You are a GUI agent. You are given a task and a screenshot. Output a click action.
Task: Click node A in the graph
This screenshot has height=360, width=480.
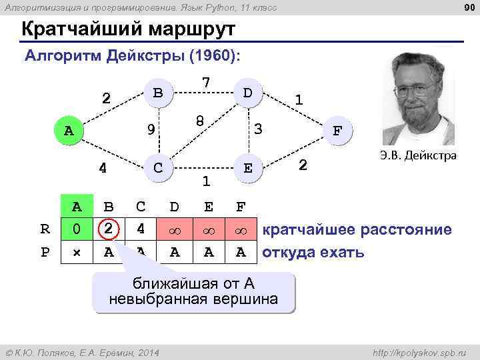click(69, 130)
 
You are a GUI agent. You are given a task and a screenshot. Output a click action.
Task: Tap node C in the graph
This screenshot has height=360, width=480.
click(158, 167)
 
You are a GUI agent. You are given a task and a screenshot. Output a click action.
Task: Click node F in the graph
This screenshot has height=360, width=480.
click(338, 130)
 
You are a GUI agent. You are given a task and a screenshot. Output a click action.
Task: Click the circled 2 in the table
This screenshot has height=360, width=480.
click(107, 229)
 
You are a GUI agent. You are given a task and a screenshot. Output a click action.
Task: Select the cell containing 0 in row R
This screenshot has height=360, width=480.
click(77, 229)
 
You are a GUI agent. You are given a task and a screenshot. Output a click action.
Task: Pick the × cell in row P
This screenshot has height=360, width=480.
click(77, 252)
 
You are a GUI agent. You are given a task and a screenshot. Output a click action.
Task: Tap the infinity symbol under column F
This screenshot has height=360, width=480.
click(241, 230)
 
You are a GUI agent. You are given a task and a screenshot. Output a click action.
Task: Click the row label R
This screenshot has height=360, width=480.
click(45, 229)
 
